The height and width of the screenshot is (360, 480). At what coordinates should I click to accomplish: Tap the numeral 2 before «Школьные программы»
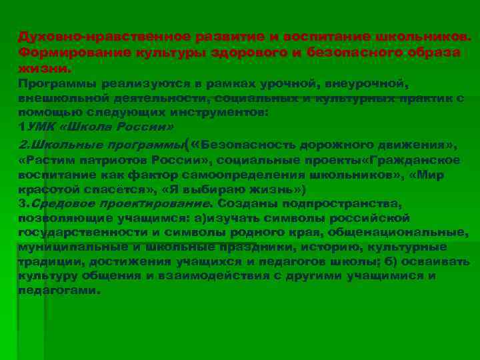pyautogui.click(x=22, y=145)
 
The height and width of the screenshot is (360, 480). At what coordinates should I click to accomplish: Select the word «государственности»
pyautogui.click(x=77, y=233)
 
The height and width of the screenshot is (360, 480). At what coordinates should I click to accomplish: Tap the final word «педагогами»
pyautogui.click(x=59, y=291)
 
